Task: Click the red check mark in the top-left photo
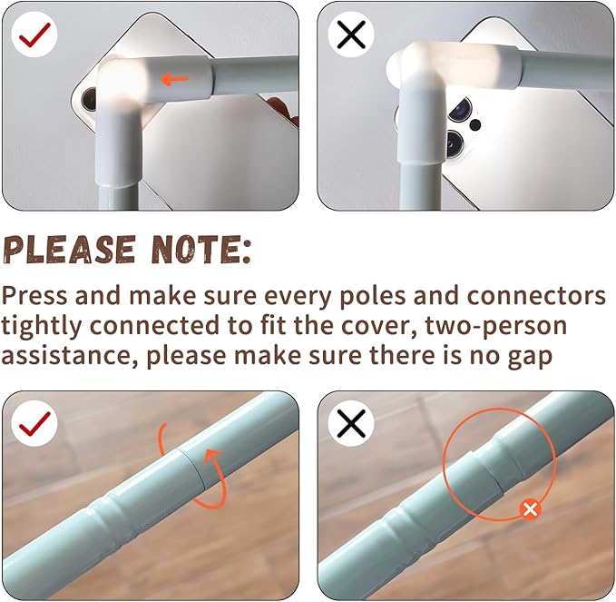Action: coord(35,35)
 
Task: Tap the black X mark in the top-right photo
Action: coord(351,35)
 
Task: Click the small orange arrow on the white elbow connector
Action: coord(175,80)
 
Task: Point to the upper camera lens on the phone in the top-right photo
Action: coord(461,109)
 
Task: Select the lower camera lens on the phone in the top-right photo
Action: coord(455,143)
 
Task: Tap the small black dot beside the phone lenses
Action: coord(475,125)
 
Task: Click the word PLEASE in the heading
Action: coord(70,250)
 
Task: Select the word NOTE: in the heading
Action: coord(201,250)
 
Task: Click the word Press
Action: coord(34,296)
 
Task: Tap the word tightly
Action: coord(41,326)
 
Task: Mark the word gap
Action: coord(531,358)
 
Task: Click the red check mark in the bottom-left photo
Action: coord(35,424)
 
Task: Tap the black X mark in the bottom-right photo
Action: coord(351,423)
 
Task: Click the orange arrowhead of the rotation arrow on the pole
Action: coord(214,456)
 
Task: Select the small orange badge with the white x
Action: coord(530,509)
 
